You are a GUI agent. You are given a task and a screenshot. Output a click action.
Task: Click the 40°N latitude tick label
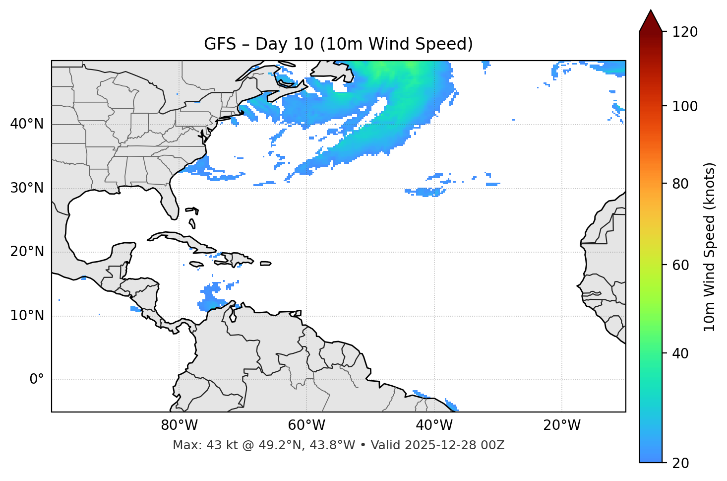(27, 124)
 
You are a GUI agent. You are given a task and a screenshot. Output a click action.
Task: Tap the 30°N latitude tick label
(27, 188)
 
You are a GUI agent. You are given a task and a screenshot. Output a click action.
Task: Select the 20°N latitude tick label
(27, 252)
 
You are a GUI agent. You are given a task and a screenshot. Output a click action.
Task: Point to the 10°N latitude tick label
(27, 316)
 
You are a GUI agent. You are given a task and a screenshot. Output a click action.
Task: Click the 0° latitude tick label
(37, 380)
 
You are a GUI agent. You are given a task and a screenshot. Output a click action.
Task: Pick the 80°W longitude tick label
(179, 425)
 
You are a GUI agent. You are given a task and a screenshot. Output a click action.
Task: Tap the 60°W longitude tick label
(306, 425)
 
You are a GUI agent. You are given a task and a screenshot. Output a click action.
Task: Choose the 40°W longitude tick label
(434, 425)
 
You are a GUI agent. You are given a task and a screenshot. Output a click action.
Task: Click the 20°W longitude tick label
(561, 425)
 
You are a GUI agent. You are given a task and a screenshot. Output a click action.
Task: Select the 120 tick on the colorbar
(685, 32)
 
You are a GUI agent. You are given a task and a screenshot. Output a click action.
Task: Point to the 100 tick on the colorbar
(685, 106)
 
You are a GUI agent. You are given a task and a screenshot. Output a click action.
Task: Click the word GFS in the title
(220, 44)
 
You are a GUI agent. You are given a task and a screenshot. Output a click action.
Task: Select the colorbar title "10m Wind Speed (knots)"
(710, 247)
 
